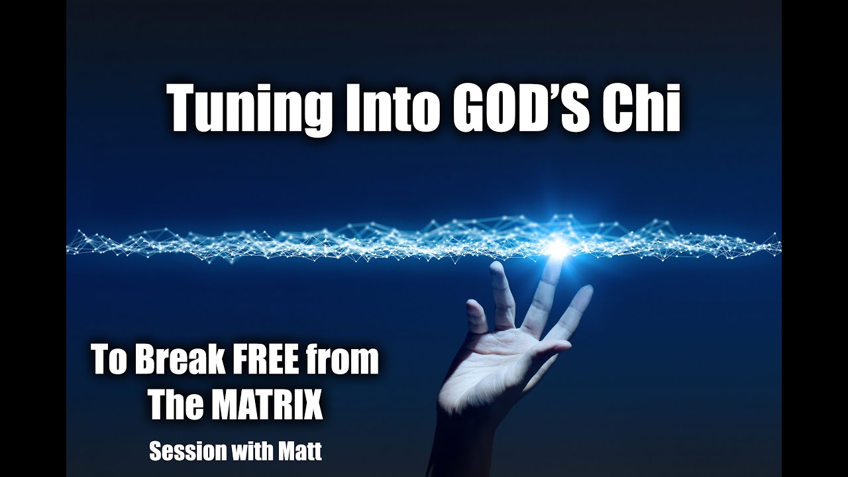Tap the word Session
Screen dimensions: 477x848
(184, 451)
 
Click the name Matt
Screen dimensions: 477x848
(299, 451)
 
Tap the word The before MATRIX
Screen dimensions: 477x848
(174, 405)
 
